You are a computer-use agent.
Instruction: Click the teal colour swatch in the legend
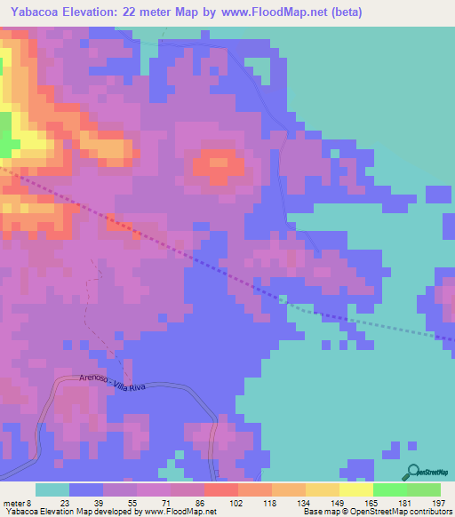[x=52, y=489]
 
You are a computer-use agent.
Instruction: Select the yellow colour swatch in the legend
[x=355, y=489]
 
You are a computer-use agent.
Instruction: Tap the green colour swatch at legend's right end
[x=423, y=489]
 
